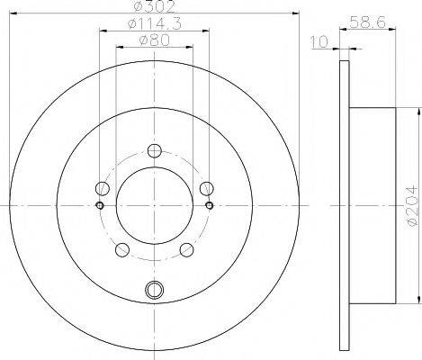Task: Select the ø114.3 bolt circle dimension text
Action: [x=153, y=23]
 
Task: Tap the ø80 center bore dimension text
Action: [x=154, y=40]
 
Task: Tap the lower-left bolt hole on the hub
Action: [x=122, y=249]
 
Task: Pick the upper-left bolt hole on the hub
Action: [x=103, y=188]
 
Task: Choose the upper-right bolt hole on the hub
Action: [x=206, y=188]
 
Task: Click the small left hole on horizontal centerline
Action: [x=99, y=205]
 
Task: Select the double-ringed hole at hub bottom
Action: [x=154, y=290]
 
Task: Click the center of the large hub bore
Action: [x=154, y=205]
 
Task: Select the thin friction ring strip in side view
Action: [x=343, y=205]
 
